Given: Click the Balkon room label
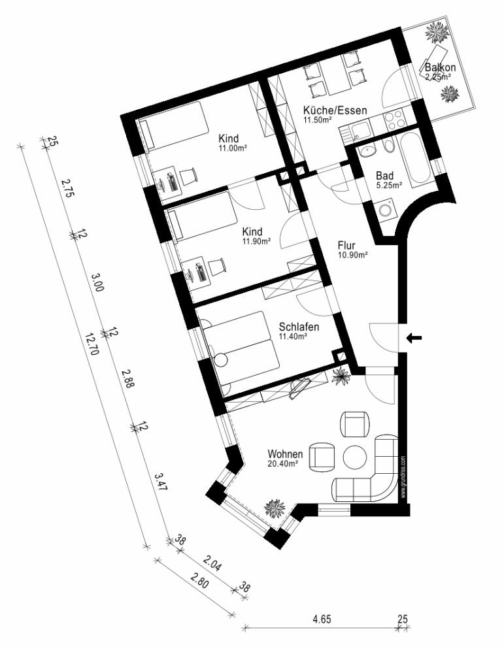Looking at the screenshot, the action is point(441,67).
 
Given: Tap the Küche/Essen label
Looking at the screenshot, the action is point(335,110).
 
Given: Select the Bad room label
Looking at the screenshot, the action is point(384,175).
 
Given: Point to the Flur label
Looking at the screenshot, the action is point(346,246).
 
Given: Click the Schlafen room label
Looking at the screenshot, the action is point(299,327).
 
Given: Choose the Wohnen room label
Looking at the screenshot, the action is point(285,454).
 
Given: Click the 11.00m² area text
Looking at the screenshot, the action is point(233,149).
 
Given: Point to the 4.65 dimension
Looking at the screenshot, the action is point(322,619).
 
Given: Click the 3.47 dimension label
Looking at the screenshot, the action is point(161,482).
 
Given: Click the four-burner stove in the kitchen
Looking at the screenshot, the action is point(395,119).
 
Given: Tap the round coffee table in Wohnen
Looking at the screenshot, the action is point(355,457).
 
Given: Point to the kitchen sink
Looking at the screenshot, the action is point(356,130).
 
